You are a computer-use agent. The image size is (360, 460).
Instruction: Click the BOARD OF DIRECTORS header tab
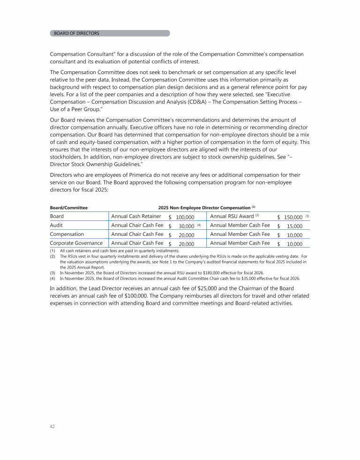[76, 33]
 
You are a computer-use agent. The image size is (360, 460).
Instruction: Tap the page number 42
[52, 427]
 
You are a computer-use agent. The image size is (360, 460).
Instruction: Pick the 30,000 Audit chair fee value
[187, 226]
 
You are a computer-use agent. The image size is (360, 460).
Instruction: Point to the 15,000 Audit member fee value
[294, 226]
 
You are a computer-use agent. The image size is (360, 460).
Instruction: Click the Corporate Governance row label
[76, 243]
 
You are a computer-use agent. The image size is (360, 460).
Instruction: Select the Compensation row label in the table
[67, 234]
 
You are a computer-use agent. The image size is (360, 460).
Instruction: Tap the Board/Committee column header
[68, 207]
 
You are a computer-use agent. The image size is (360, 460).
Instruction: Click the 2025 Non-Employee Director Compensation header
[204, 207]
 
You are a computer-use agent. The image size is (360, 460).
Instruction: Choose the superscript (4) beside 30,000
[199, 225]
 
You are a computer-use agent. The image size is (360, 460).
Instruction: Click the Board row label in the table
[57, 217]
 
